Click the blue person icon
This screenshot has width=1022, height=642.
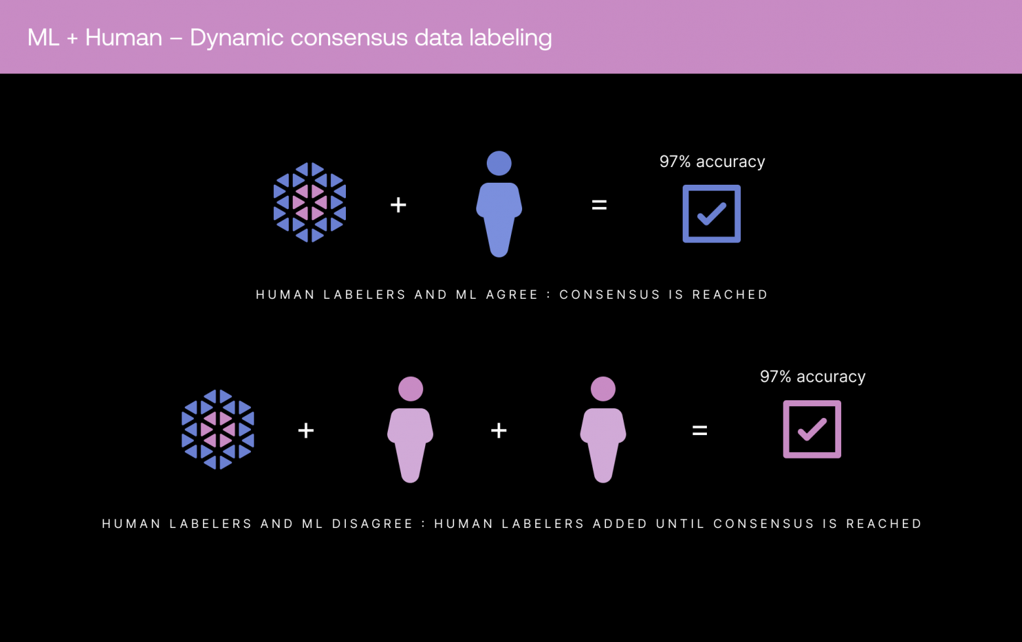pos(499,210)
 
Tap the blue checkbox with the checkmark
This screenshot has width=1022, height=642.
pos(711,214)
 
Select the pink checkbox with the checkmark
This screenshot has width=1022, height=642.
pos(812,429)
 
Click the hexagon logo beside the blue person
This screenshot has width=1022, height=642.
pos(310,202)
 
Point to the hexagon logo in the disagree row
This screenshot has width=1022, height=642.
pos(218,430)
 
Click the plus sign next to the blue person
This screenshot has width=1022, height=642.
pos(398,205)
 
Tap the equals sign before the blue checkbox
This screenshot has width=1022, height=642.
pos(599,205)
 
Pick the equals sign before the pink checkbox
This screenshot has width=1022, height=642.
pos(700,430)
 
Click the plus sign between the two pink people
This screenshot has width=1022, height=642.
pos(499,430)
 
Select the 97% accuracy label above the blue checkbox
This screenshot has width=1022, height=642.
pos(712,162)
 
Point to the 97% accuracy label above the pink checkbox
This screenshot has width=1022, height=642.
pos(812,377)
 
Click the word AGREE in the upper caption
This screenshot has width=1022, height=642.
pos(512,295)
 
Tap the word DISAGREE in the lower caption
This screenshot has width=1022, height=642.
pos(372,524)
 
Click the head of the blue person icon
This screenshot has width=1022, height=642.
pos(499,163)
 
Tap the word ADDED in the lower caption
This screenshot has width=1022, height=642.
pos(620,524)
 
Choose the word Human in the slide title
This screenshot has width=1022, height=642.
pos(123,38)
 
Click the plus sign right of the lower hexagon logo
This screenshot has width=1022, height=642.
pos(306,430)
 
